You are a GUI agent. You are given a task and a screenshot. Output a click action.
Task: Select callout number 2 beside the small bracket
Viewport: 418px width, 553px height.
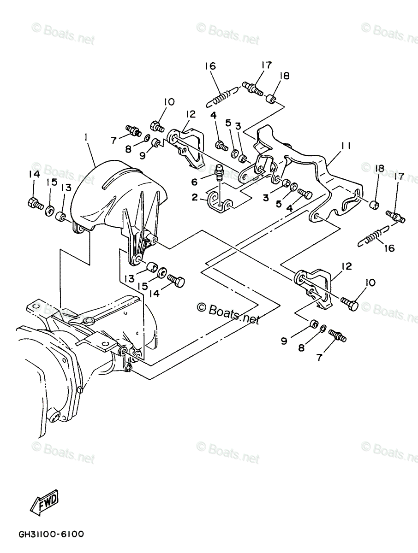pyautogui.click(x=195, y=197)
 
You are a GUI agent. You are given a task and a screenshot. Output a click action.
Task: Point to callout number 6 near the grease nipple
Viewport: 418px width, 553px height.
pyautogui.click(x=194, y=182)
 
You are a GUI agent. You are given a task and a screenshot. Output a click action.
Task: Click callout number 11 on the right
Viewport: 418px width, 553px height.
pyautogui.click(x=346, y=146)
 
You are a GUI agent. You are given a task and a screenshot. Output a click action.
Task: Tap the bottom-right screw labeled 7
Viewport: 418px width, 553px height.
pyautogui.click(x=338, y=336)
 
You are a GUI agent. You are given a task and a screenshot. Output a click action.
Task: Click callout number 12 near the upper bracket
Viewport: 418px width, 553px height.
pyautogui.click(x=191, y=114)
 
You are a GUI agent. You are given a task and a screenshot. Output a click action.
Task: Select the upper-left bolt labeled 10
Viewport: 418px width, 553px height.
pyautogui.click(x=158, y=126)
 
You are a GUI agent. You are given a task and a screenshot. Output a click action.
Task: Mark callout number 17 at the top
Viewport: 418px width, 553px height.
pyautogui.click(x=267, y=65)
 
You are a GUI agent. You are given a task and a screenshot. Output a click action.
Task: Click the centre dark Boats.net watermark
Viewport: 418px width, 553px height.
pyautogui.click(x=228, y=314)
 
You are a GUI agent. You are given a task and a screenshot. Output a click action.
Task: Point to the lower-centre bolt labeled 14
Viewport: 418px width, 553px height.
pyautogui.click(x=175, y=281)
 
